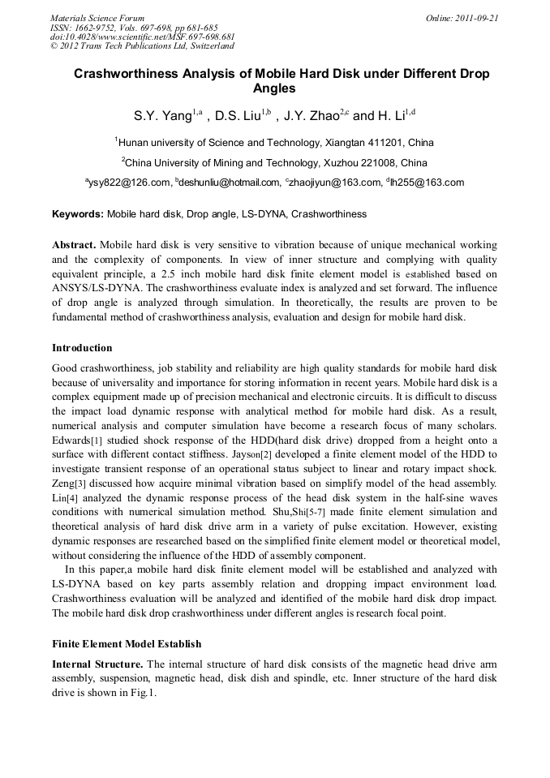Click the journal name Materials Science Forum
[97, 18]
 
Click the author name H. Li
[393, 116]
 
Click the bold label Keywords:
[77, 215]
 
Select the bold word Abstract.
[75, 244]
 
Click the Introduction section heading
[82, 348]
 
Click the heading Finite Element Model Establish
[127, 644]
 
